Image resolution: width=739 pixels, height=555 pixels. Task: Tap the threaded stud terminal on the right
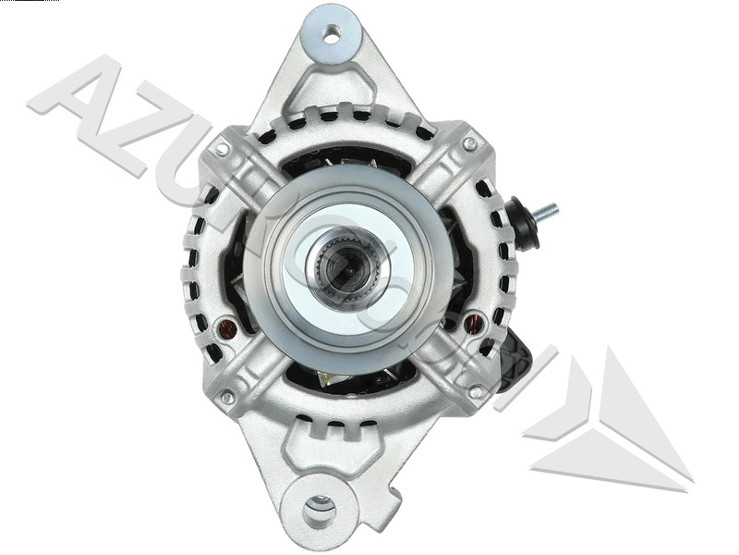tap(548, 211)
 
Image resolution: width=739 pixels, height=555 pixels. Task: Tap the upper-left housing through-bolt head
tap(223, 147)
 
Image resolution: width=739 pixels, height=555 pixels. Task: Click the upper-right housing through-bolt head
tap(469, 145)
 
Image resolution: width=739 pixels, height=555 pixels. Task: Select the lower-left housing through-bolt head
tap(226, 397)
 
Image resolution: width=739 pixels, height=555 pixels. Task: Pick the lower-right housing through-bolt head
tap(475, 392)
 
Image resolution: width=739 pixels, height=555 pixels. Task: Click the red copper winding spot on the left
tap(224, 327)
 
